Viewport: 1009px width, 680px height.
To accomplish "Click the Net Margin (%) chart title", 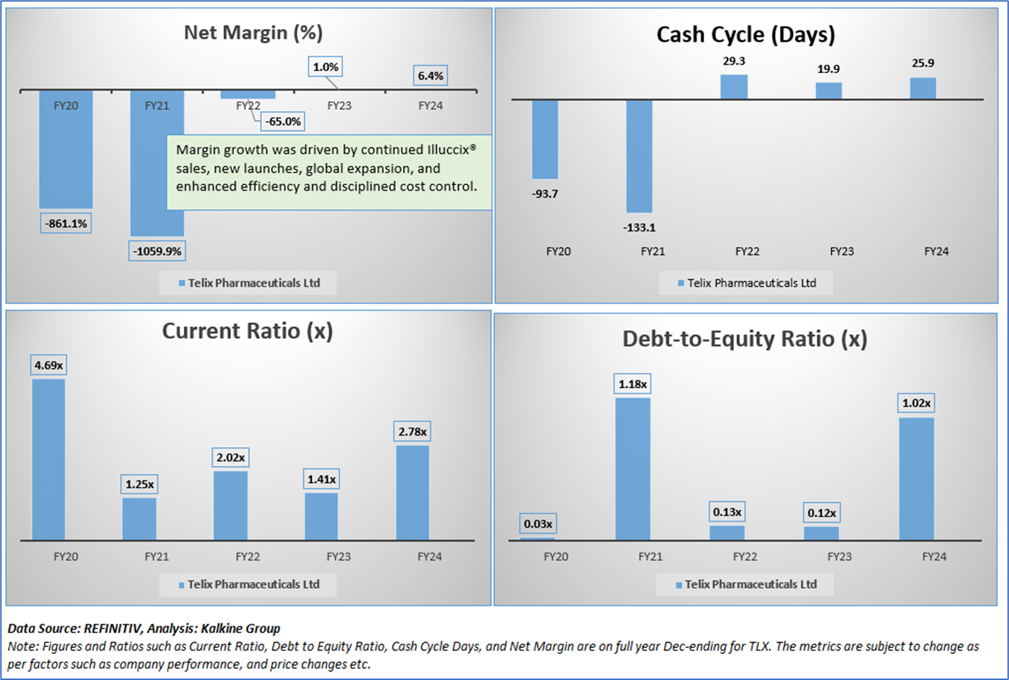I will point(253,33).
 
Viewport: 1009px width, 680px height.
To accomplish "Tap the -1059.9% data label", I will point(157,251).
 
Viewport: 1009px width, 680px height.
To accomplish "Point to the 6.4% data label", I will point(430,76).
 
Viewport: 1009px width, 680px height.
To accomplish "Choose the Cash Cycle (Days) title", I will point(745,35).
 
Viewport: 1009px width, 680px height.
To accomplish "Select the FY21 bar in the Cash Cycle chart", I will point(639,156).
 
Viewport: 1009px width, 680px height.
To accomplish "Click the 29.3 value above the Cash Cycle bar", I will point(734,61).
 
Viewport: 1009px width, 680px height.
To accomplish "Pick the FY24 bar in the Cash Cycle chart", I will point(923,88).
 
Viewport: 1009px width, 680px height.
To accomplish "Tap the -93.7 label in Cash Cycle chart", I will point(545,194).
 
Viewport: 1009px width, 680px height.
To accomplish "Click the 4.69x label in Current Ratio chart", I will point(48,365).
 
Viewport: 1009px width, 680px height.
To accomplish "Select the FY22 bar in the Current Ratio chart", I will point(230,505).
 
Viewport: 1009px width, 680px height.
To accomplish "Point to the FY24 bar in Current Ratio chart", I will point(412,492).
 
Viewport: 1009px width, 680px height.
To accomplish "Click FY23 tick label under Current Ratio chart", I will point(338,556).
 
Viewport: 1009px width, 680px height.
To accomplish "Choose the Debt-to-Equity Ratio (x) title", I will point(744,340).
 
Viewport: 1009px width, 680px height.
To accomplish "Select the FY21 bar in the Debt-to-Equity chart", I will point(633,468).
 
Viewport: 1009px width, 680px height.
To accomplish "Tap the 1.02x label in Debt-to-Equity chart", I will point(916,403).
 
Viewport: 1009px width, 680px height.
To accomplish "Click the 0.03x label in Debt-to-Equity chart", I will point(538,524).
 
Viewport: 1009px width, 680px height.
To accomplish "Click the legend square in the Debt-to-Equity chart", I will point(679,585).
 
